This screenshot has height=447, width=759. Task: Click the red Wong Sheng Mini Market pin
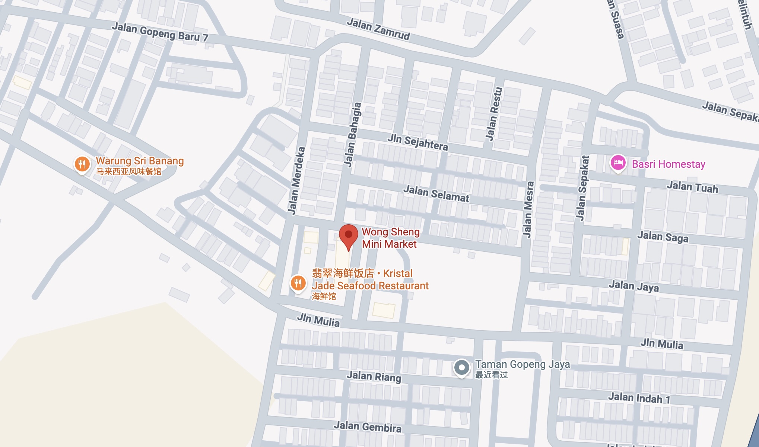[349, 235]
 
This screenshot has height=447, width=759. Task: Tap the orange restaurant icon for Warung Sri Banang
[82, 164]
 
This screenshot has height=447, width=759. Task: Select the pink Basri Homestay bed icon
[618, 163]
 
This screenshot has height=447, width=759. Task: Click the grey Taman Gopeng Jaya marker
[462, 367]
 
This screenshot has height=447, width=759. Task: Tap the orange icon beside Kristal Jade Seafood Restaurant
[298, 283]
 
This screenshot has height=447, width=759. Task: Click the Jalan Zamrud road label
[378, 29]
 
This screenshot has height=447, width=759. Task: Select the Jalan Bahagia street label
[352, 135]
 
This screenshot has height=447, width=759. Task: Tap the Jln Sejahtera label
[417, 142]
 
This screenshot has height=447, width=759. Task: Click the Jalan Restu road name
[494, 114]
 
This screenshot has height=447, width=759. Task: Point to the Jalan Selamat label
[436, 194]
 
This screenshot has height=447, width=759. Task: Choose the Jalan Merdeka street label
[296, 181]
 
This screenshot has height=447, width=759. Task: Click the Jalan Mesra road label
[528, 209]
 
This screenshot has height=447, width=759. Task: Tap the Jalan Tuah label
[692, 187]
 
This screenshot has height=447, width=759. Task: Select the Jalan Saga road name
[663, 237]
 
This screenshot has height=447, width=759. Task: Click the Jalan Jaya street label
[634, 286]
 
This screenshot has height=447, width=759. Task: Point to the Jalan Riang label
[374, 376]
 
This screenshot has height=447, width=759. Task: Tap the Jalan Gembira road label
[368, 427]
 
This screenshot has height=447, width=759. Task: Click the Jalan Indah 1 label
[639, 398]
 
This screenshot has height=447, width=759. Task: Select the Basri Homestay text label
[669, 164]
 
